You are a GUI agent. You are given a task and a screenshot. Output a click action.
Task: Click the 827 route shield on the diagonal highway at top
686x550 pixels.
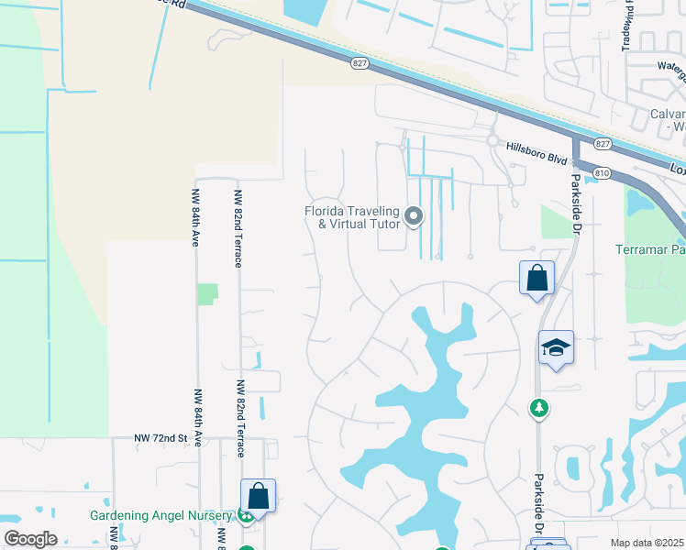pyautogui.click(x=360, y=63)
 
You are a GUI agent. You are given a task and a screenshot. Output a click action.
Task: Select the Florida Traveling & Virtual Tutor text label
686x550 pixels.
pyautogui.click(x=353, y=217)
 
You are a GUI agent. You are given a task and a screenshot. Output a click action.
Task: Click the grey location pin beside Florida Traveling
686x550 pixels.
pyautogui.click(x=414, y=216)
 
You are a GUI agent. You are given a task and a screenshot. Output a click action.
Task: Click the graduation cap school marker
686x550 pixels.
pyautogui.click(x=556, y=347)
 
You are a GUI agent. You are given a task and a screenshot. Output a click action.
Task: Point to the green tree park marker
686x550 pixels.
pyautogui.click(x=540, y=408)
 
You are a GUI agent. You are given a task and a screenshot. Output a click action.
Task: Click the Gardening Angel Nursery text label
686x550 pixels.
pyautogui.click(x=161, y=515)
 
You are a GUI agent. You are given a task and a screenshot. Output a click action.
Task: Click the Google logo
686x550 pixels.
pyautogui.click(x=30, y=539)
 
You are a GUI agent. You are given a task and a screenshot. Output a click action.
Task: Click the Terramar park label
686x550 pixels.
pyautogui.click(x=652, y=249)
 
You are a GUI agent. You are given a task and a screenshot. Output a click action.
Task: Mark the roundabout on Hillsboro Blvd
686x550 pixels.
pyautogui.click(x=492, y=142)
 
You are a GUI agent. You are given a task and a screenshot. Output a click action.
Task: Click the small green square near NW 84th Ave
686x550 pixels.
pyautogui.click(x=208, y=294)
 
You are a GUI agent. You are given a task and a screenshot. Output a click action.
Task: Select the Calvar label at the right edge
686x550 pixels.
pyautogui.click(x=667, y=114)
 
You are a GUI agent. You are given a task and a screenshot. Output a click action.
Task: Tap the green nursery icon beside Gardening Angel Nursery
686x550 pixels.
pyautogui.click(x=245, y=515)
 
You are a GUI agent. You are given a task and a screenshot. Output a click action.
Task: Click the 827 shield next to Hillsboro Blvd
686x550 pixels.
pyautogui.click(x=602, y=144)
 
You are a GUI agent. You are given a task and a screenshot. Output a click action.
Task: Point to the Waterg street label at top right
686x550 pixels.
pyautogui.click(x=671, y=66)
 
